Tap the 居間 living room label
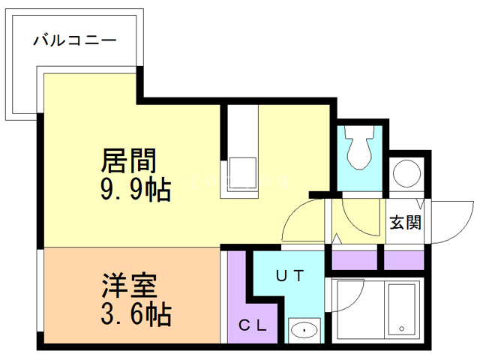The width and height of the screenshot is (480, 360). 128,160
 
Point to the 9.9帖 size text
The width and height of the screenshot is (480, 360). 134,190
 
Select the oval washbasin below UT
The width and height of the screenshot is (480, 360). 304,328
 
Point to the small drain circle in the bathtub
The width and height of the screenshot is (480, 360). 402,328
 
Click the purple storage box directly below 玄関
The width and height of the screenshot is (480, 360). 404,259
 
